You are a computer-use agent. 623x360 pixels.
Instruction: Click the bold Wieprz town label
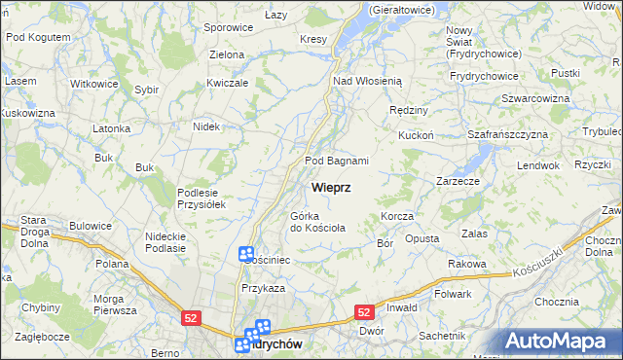click(x=332, y=186)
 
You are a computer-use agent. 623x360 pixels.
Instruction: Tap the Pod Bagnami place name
click(x=336, y=161)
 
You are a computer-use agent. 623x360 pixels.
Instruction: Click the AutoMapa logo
click(x=559, y=341)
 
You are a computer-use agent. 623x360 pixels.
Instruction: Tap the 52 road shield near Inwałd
click(x=364, y=311)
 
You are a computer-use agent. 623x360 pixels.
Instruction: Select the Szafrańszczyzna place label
click(x=508, y=134)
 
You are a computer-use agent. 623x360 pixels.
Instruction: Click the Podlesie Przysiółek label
click(x=202, y=198)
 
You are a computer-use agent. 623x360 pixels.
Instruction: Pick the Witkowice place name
click(x=94, y=84)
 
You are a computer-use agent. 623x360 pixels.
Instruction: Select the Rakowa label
click(x=467, y=264)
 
